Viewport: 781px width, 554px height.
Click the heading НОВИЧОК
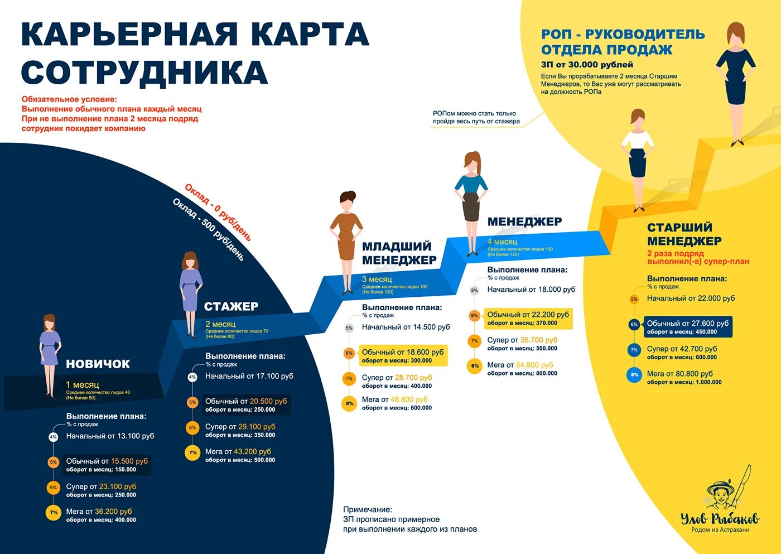[98, 364]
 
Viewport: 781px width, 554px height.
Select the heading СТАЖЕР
[231, 306]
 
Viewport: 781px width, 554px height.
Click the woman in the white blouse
[638, 156]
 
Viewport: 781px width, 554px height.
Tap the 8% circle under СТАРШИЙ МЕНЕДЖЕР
[634, 375]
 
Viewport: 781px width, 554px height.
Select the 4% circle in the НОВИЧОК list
[53, 437]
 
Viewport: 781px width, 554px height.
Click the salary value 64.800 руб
[534, 365]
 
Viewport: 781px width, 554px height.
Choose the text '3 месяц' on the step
[377, 279]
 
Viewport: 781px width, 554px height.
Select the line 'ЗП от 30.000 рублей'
[587, 65]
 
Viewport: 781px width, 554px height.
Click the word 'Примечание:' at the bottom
[368, 509]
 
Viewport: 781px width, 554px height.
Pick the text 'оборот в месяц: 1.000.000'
[684, 382]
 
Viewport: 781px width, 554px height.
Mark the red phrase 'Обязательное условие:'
[69, 99]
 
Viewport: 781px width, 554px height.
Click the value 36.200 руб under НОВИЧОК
[113, 511]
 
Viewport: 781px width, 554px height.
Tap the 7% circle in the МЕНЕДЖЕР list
[474, 341]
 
